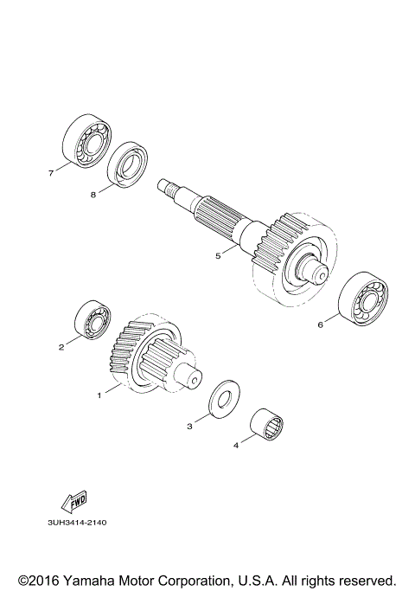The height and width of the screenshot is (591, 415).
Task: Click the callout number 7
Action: pos(51,173)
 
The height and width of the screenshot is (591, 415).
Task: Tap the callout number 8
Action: pos(93,196)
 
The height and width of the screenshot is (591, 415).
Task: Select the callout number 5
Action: pos(219,255)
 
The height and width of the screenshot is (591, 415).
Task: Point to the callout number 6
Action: pos(320,326)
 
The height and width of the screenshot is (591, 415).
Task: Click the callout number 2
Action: pos(61,348)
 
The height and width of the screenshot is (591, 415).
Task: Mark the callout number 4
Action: pos(235,446)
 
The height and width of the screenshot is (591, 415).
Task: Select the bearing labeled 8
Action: pos(128,164)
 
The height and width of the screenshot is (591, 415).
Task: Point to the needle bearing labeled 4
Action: pos(267,424)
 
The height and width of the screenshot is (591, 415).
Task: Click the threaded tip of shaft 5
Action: pos(166,184)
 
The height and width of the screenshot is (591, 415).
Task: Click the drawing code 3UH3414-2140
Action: pos(83,524)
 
